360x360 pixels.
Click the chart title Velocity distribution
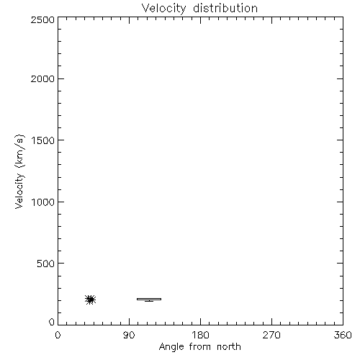pos(199,9)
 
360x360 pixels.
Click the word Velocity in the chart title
pos(163,9)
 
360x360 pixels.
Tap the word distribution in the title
pos(225,8)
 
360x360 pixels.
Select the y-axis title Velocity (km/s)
pos(19,171)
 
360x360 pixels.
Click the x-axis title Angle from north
pos(200,347)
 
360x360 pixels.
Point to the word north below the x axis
pos(229,346)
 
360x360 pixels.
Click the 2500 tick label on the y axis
pos(42,19)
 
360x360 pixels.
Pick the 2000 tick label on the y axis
pos(42,78)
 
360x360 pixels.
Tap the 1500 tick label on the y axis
pos(43,140)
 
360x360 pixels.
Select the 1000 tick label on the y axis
pos(43,202)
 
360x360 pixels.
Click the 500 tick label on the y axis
pos(46,264)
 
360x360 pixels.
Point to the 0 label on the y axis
pos(52,322)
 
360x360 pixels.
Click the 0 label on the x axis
pos(58,335)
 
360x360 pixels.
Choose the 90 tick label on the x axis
pos(129,335)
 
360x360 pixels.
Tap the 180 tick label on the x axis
pos(200,335)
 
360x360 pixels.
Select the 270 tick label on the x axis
pos(271,335)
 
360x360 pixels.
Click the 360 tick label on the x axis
pos(343,335)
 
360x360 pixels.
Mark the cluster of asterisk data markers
pos(91,300)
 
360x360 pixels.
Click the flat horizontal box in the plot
pos(149,299)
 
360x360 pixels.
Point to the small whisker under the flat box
pos(149,301)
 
